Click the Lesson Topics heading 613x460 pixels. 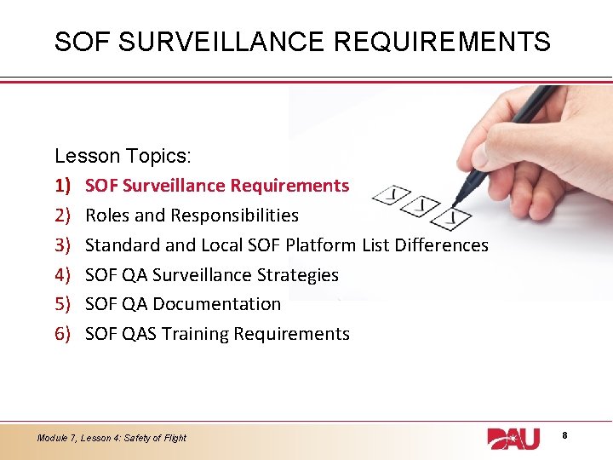[123, 156]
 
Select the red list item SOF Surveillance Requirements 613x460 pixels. [217, 186]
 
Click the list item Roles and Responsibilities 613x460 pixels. [192, 216]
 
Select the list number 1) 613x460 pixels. [63, 186]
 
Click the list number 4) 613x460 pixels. [63, 275]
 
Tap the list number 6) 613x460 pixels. [63, 334]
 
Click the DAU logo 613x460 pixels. [513, 438]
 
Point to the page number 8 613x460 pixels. [564, 436]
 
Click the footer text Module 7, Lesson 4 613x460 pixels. [112, 438]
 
